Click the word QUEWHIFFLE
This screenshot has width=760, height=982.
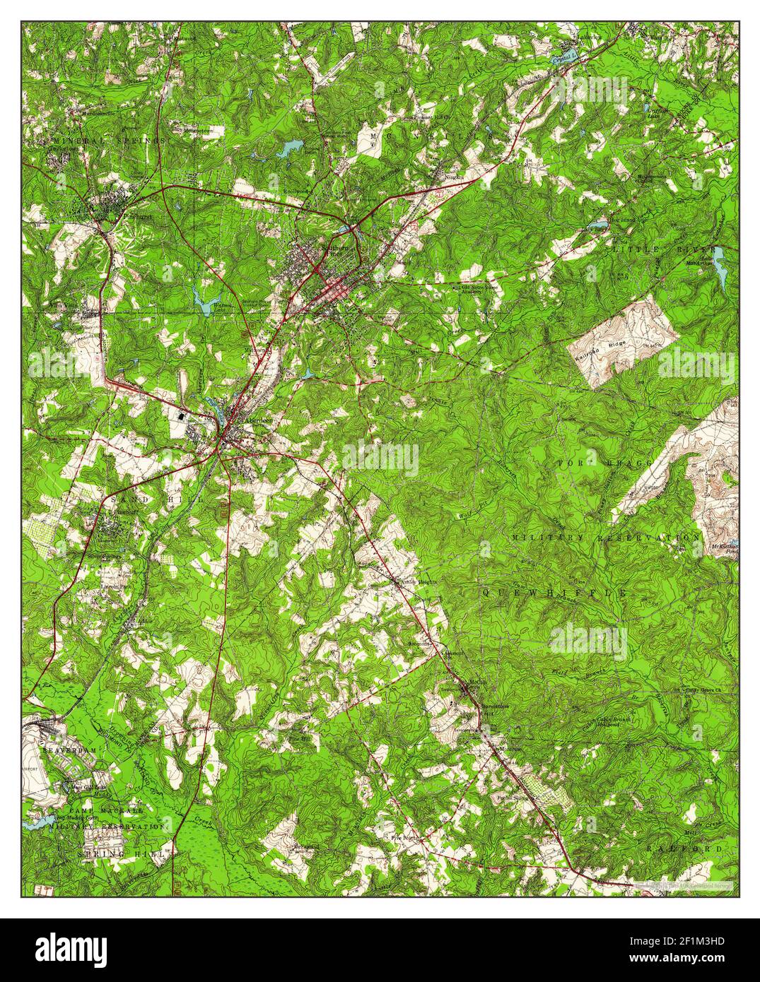coord(556,592)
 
